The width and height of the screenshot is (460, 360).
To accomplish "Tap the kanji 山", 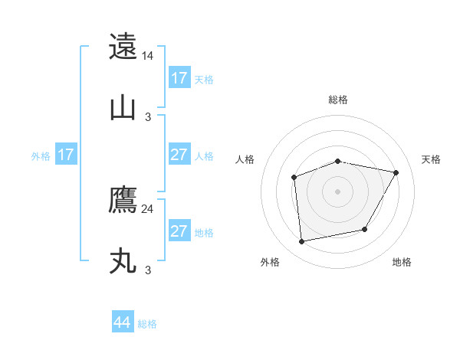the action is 123,108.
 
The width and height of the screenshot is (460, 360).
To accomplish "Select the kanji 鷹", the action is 123,200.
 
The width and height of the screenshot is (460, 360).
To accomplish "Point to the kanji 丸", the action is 123,261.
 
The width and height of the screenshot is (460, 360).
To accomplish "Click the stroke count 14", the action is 148,56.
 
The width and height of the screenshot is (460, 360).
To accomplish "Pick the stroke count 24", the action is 148,208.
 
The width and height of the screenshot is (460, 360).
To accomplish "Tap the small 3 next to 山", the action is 148,117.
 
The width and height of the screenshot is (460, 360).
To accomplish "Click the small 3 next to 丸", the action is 148,270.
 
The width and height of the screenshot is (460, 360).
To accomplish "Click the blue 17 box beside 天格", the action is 179,78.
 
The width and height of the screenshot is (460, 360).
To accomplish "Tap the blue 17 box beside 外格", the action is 66,155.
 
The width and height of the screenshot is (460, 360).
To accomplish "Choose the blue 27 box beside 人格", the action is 179,155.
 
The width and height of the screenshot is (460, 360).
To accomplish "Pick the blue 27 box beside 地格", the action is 179,231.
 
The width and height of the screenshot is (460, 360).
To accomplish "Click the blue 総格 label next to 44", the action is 147,324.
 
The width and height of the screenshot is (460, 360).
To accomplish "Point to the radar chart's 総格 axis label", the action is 338,100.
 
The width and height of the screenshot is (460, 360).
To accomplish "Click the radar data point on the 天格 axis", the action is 396,173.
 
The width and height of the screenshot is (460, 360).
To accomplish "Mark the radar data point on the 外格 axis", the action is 302,241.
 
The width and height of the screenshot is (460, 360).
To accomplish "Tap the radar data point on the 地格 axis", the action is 365,229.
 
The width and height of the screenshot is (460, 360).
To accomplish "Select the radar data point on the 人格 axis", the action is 294,178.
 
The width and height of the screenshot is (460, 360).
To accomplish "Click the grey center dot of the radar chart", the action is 338,191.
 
